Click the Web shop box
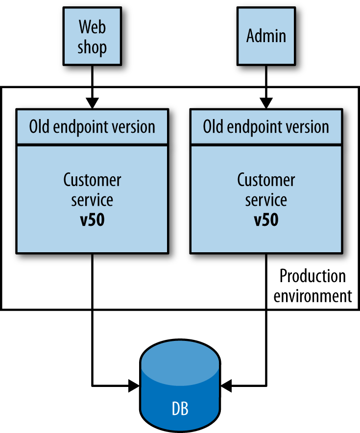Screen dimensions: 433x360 click(92, 37)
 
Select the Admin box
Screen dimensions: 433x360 click(266, 37)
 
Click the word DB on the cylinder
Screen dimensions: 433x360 click(180, 408)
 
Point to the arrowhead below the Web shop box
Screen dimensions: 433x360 click(92, 103)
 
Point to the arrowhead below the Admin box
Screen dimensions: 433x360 click(266, 103)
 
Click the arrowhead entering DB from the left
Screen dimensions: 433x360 click(133, 385)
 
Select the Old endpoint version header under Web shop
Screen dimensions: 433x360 click(92, 127)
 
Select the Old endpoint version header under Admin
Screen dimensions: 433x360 click(266, 127)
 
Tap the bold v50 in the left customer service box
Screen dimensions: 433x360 click(92, 220)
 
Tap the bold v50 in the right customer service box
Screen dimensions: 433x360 click(266, 220)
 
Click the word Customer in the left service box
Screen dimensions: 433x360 click(92, 180)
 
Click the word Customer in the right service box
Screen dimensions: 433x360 click(266, 180)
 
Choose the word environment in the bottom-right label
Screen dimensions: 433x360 click(312, 296)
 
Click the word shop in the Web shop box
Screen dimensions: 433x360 click(92, 48)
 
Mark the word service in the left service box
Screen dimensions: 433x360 click(92, 200)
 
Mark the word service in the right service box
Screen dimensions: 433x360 click(266, 200)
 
